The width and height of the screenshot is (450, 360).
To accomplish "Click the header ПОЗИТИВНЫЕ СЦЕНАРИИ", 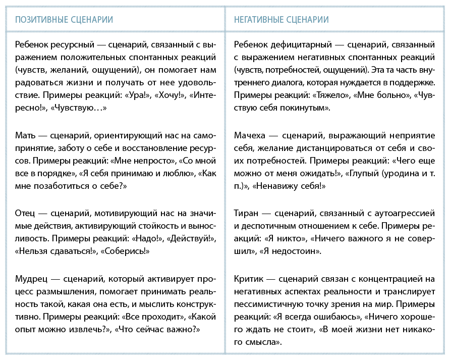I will pos(64,20).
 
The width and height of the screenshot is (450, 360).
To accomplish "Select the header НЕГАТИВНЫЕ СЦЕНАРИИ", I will pos(282,20).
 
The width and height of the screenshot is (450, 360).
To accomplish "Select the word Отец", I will pos(26,213).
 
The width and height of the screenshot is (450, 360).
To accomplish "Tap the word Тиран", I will pos(248,213).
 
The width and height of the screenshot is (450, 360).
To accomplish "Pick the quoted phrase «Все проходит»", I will pos(152,318).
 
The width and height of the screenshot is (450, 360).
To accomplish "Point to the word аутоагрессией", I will pos(400,213).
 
